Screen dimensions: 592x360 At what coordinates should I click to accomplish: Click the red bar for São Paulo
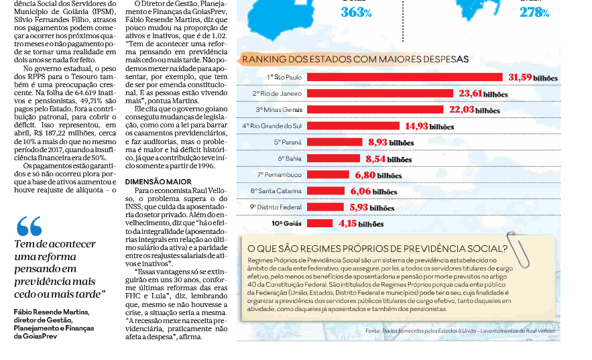click(x=405, y=77)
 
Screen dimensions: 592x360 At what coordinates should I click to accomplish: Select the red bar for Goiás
click(x=320, y=223)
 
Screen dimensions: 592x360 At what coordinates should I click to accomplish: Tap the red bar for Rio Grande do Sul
click(x=353, y=125)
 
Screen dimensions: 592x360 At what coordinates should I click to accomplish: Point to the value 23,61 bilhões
click(x=483, y=94)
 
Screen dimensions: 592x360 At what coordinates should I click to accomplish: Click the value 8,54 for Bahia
click(x=375, y=159)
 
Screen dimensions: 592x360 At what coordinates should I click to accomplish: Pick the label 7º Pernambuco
click(x=280, y=175)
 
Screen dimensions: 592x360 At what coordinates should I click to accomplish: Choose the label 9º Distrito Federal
click(x=276, y=207)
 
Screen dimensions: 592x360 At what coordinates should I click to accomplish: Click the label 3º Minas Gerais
click(x=279, y=110)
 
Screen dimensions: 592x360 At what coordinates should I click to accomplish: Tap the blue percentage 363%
click(x=356, y=13)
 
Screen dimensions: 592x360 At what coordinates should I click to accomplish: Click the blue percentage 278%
click(x=534, y=13)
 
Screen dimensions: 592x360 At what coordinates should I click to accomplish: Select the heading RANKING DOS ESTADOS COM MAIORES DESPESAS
click(x=355, y=59)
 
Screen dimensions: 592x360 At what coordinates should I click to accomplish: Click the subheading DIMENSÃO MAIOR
click(x=158, y=182)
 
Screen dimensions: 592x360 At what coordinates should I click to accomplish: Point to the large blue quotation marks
click(x=29, y=226)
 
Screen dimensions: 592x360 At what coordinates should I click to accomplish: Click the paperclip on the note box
click(x=518, y=249)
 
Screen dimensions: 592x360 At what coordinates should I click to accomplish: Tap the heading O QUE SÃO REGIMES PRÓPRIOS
click(x=377, y=249)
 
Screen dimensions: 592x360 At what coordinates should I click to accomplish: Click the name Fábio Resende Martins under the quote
click(x=52, y=312)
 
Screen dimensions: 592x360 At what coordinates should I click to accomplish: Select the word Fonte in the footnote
click(x=372, y=331)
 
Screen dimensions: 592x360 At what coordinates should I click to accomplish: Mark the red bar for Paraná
click(x=335, y=142)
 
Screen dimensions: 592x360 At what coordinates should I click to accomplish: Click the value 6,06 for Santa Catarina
click(x=361, y=191)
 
